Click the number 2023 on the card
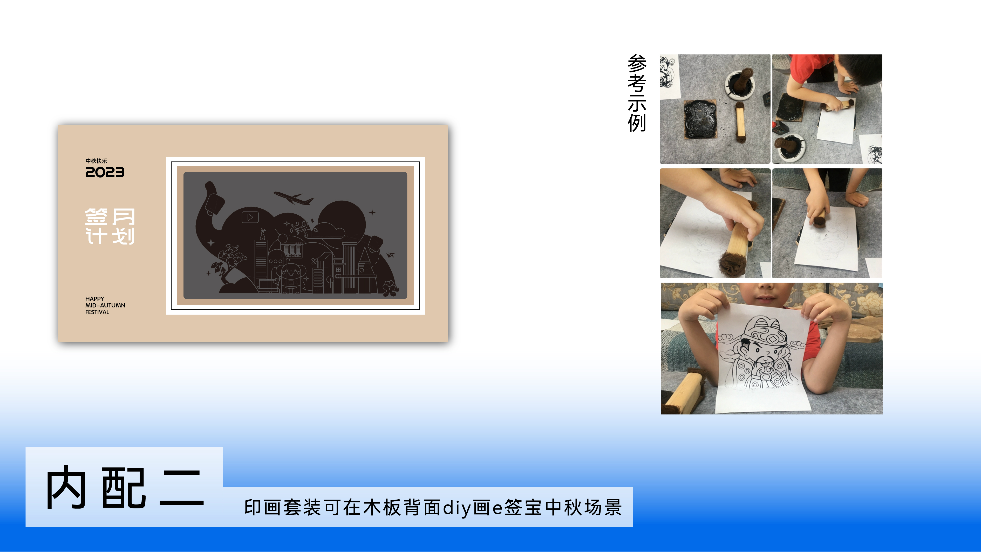coord(105,173)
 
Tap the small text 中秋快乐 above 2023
coord(96,161)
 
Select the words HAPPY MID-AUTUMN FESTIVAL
coord(105,305)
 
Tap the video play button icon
coord(250,217)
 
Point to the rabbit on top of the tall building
coord(262,233)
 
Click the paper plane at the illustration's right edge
coord(391,254)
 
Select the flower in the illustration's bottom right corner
coord(390,288)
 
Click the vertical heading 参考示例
coord(637,93)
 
